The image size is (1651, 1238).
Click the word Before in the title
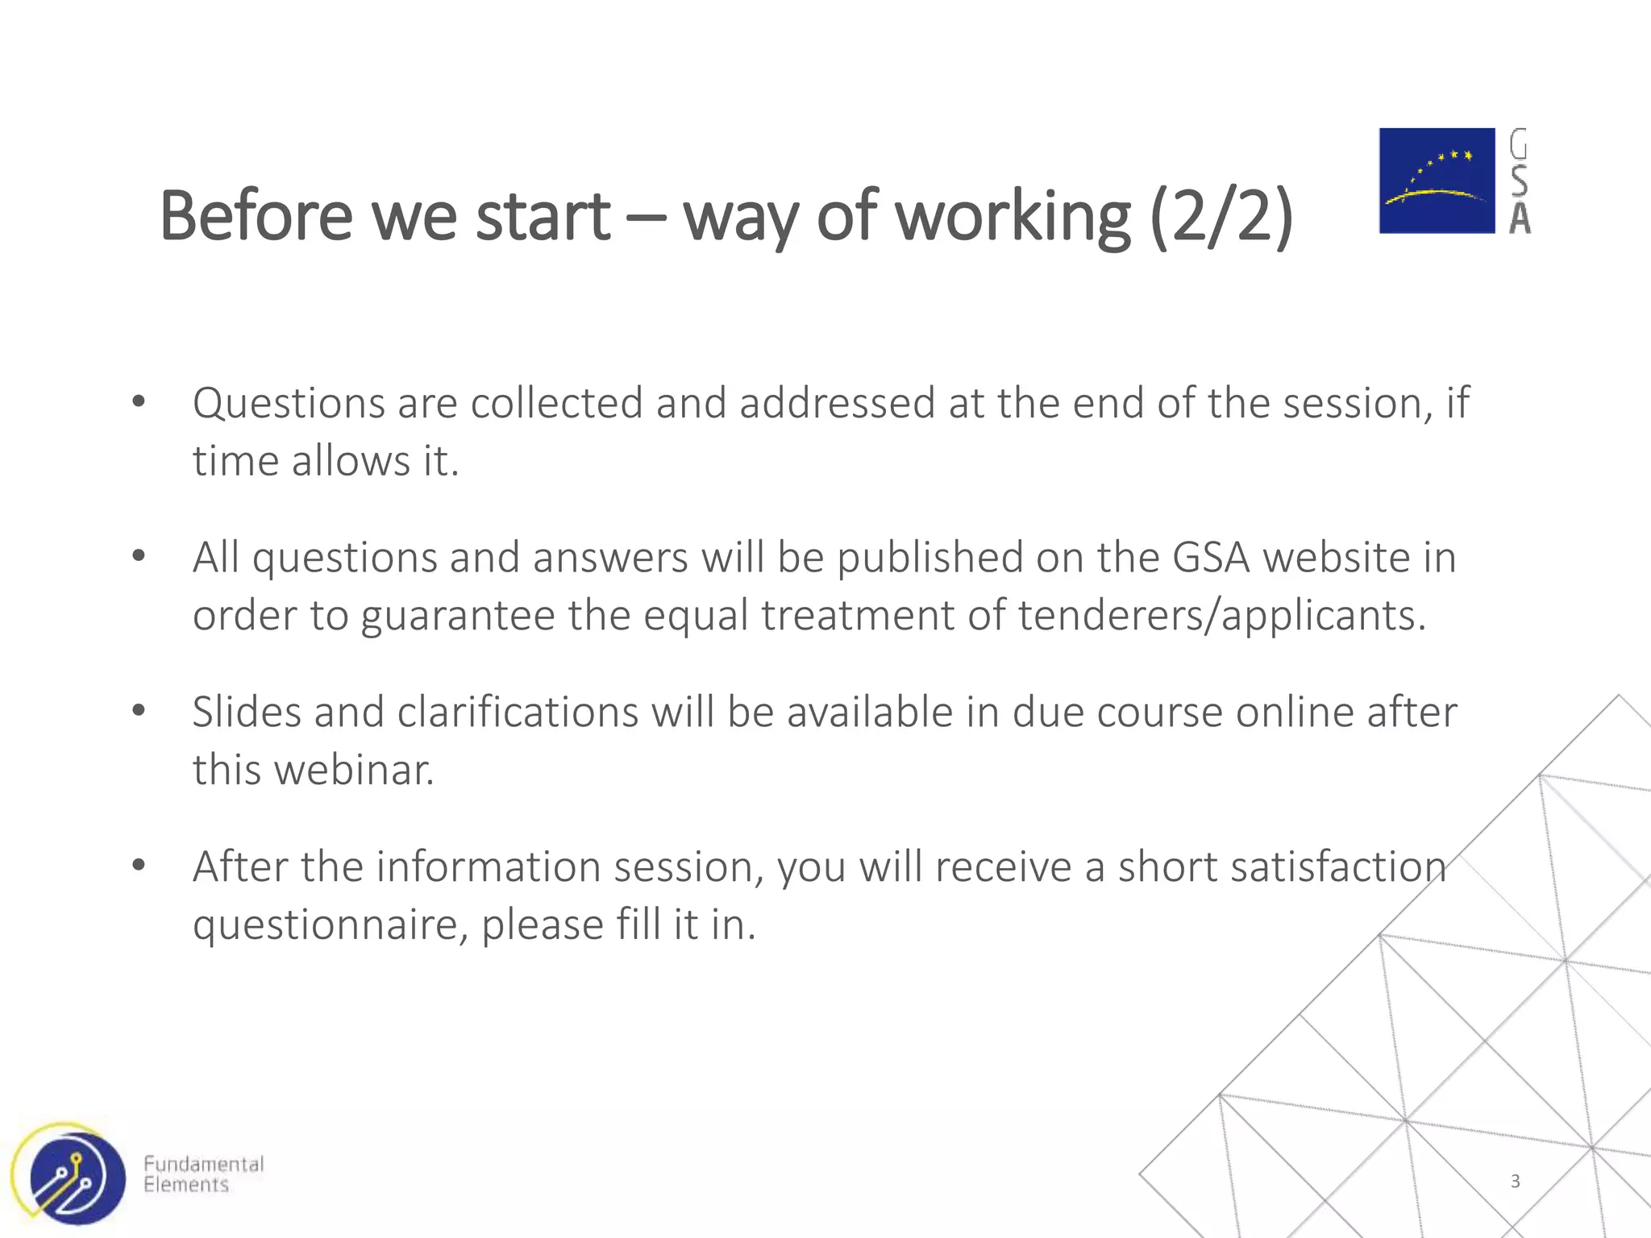256,216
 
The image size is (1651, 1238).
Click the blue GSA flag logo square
1437,181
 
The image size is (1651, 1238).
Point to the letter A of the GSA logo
1520,218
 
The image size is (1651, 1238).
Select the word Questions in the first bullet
288,403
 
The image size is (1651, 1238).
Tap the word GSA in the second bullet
1210,558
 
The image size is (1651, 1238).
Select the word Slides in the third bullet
247,712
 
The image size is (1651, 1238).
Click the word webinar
354,771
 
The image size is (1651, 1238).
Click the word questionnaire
331,925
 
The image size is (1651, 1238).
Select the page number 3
1515,1182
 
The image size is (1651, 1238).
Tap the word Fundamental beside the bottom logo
203,1164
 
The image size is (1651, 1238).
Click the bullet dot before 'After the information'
139,866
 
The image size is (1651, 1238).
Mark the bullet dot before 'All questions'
139,556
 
